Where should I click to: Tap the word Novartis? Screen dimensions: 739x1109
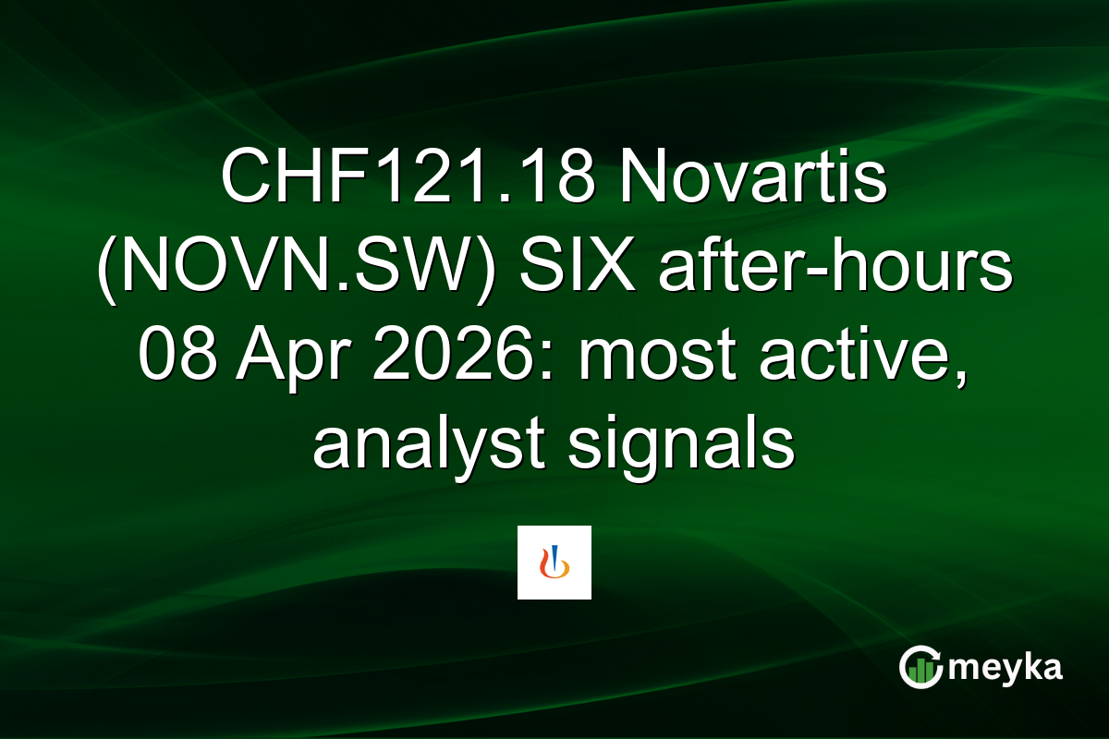[x=754, y=181]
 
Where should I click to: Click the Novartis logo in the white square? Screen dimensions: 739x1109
[x=554, y=563]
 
